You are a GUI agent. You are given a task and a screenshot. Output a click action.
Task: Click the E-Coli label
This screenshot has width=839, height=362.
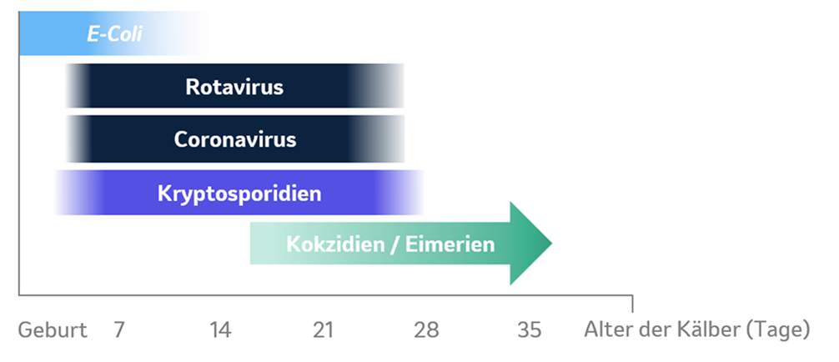tap(115, 35)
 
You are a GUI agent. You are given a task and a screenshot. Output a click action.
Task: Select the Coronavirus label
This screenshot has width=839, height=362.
tap(234, 139)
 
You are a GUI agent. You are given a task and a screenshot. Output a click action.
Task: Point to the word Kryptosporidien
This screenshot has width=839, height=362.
tap(239, 194)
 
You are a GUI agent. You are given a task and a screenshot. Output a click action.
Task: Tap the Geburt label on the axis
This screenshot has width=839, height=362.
tap(53, 329)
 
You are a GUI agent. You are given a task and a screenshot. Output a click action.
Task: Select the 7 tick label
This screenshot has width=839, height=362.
tap(118, 329)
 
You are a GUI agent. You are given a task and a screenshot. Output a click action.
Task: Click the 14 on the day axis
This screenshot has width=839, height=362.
tap(220, 329)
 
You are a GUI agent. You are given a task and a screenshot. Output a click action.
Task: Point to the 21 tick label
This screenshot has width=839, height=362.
tap(324, 329)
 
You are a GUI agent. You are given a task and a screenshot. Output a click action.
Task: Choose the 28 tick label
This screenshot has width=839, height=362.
tap(426, 329)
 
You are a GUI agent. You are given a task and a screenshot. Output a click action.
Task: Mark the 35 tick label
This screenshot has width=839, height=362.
tap(530, 329)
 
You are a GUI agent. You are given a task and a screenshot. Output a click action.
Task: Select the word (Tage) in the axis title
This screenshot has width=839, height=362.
tap(778, 329)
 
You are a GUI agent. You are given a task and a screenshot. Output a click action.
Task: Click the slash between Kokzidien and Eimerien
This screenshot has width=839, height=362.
tap(392, 244)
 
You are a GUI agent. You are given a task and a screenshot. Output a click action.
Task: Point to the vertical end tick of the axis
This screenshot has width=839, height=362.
tap(632, 302)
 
